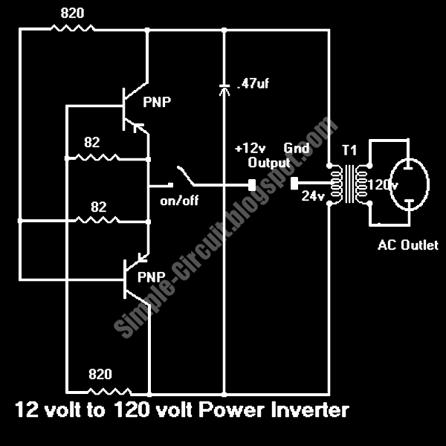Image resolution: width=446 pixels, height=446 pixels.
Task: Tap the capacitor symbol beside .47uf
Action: tap(224, 88)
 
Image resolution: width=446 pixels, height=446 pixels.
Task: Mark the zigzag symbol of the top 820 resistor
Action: tap(72, 29)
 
